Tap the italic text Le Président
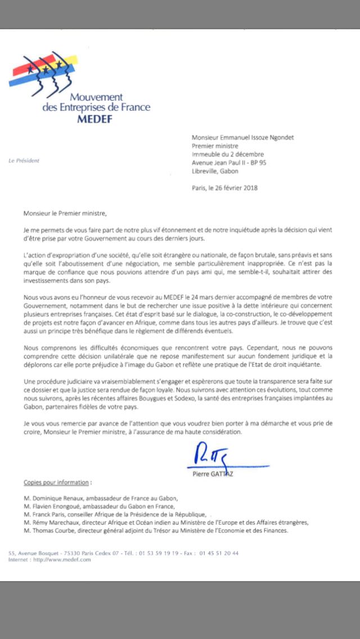click(24, 160)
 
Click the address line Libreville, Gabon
click(215, 171)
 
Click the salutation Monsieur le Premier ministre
click(64, 213)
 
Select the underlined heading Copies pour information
click(56, 483)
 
